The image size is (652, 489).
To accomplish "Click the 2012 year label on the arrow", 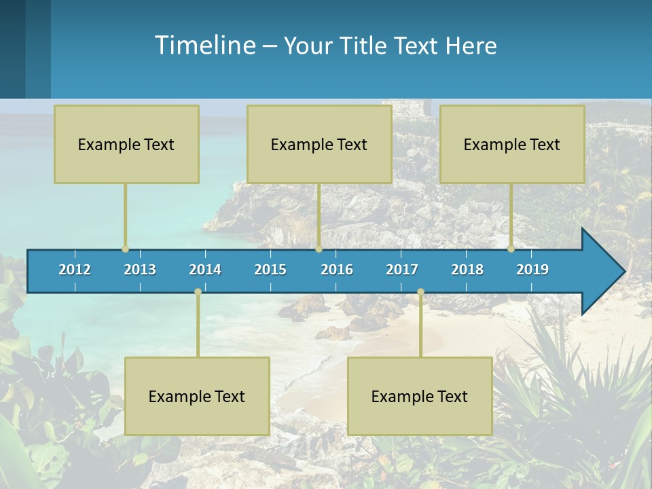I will click(75, 270).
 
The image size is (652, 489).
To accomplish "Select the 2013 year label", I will click(140, 270).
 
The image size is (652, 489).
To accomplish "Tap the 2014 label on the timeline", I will click(205, 270).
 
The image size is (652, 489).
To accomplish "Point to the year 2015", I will click(270, 270).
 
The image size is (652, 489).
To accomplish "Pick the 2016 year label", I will click(337, 270).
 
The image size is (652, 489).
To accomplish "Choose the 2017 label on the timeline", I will click(402, 270).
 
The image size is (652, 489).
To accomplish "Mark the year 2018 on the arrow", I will click(467, 270).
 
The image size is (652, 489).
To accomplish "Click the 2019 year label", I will click(532, 270).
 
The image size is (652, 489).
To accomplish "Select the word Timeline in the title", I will click(204, 46).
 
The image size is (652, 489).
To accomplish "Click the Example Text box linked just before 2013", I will click(126, 144).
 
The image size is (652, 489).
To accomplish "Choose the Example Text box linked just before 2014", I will click(197, 396).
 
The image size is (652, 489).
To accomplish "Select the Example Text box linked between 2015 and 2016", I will click(319, 144).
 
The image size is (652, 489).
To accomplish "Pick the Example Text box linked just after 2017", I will click(420, 396).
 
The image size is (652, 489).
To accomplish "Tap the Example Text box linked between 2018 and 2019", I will click(512, 144).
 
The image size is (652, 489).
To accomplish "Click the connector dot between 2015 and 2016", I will click(319, 249).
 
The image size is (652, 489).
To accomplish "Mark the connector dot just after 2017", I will click(420, 292).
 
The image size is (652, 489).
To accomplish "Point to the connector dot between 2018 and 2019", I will click(511, 249).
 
